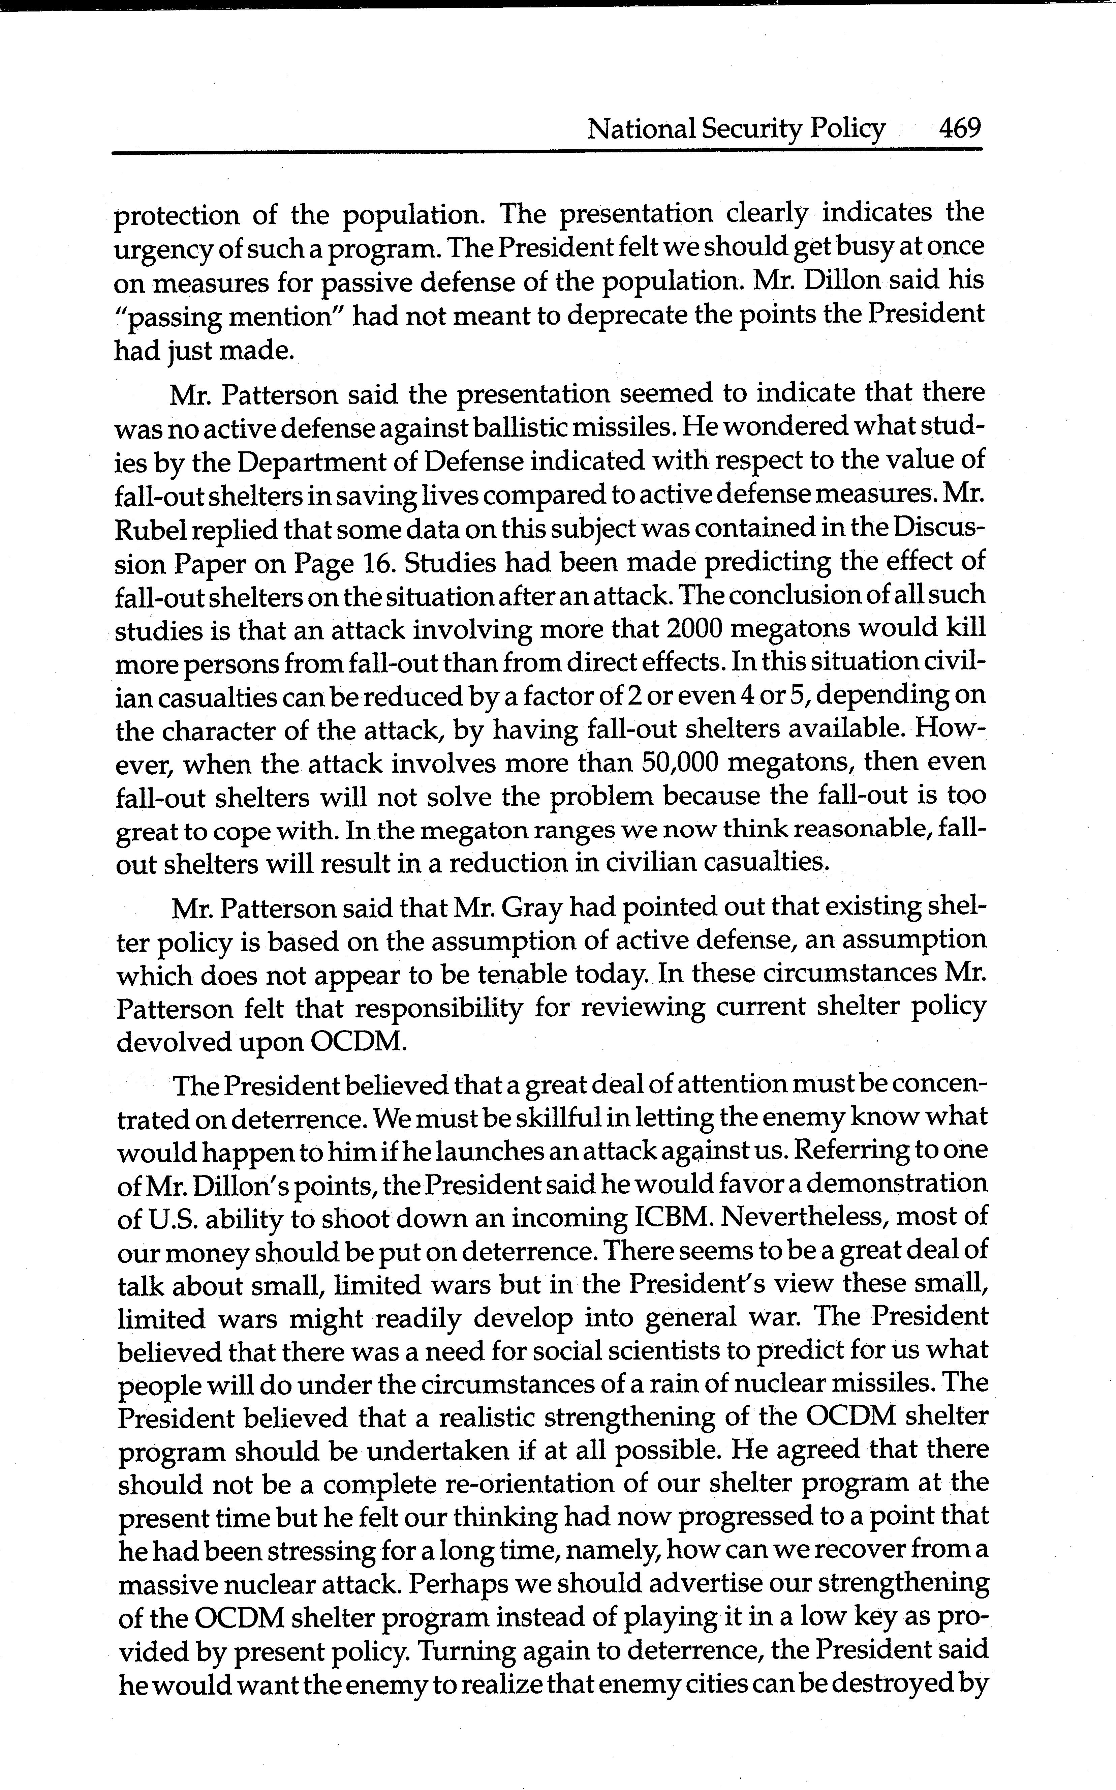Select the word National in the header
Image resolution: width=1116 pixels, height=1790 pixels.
[641, 130]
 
